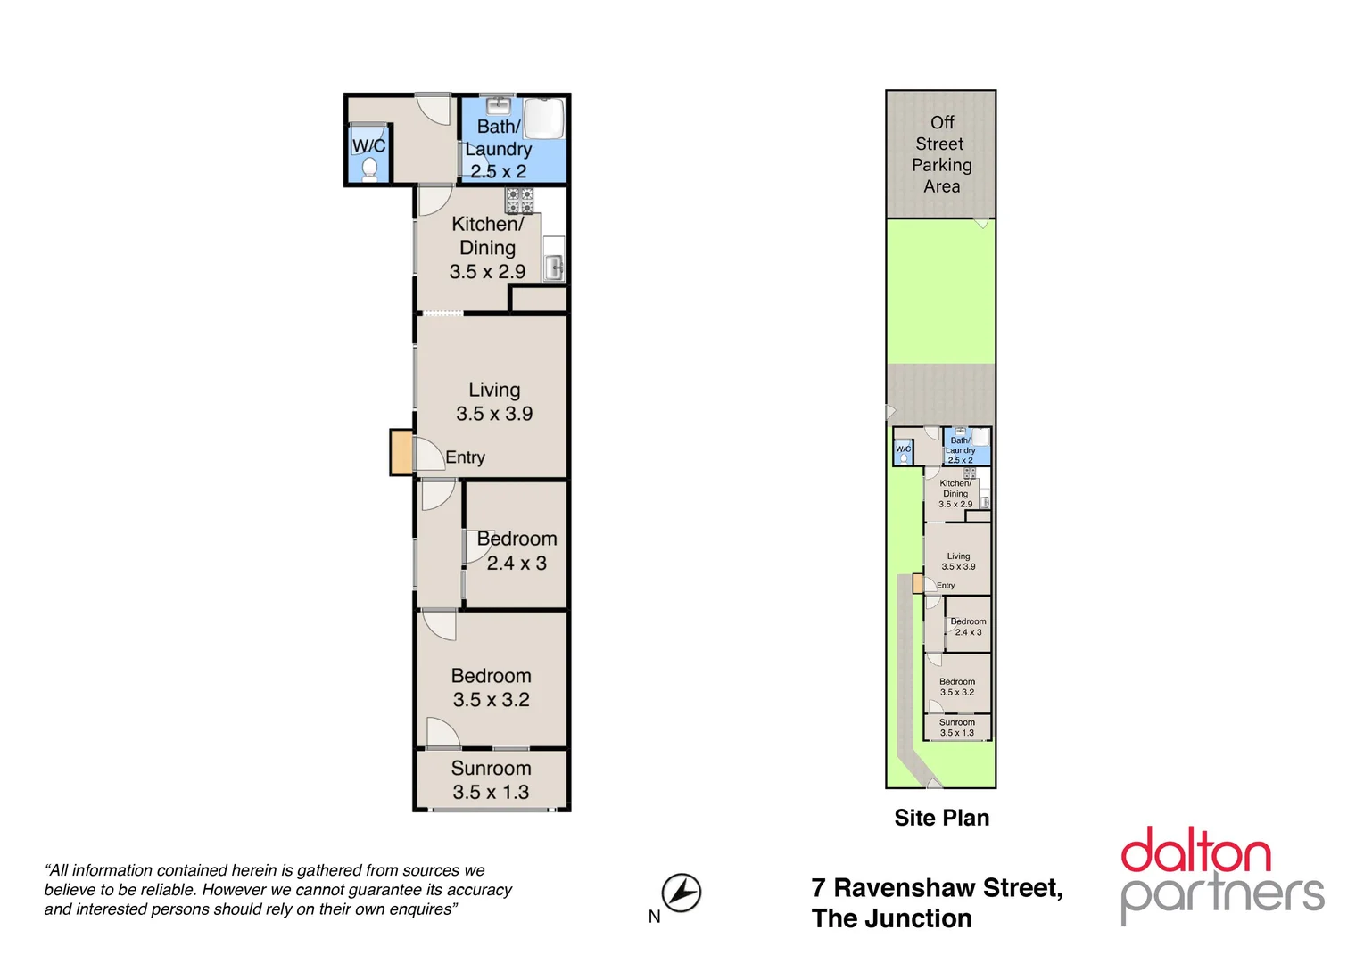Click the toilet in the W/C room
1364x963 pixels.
click(x=369, y=169)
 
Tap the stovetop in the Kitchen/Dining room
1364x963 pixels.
click(x=519, y=201)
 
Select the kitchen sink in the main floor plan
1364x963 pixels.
click(x=554, y=267)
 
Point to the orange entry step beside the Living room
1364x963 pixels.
click(x=401, y=452)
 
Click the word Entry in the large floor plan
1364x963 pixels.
click(x=465, y=457)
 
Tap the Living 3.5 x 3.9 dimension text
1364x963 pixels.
click(x=494, y=414)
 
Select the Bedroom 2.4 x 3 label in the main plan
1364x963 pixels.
click(x=517, y=551)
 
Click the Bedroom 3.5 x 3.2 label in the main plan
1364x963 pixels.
click(x=491, y=687)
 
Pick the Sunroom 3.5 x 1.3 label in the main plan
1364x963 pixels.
click(x=491, y=780)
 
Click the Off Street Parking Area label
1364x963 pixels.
click(x=941, y=154)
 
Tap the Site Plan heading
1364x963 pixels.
click(x=941, y=818)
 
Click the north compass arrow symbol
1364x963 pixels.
click(x=682, y=893)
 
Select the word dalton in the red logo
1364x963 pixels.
click(x=1195, y=852)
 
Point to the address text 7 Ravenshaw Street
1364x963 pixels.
click(x=937, y=888)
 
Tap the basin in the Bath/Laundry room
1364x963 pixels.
click(x=498, y=105)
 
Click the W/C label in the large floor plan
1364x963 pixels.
click(x=368, y=145)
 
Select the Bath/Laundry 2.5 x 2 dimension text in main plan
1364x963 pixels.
click(x=499, y=171)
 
